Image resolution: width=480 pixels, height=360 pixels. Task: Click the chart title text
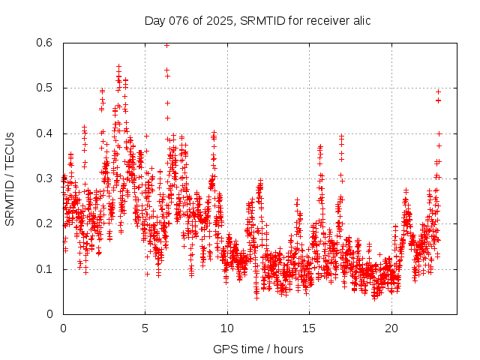tap(257, 20)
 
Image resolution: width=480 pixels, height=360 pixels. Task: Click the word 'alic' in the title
tap(359, 20)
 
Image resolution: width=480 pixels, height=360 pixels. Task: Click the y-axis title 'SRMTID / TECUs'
tap(10, 178)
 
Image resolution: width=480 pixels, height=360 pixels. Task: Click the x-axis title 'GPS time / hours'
tap(257, 349)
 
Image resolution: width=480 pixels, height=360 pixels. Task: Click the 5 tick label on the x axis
tap(145, 328)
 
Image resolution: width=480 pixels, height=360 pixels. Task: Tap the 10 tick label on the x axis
tap(227, 328)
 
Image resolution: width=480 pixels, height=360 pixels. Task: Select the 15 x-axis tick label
tap(310, 328)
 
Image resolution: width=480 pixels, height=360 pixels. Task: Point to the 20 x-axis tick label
tap(391, 328)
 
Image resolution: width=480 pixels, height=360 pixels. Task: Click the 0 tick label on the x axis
tap(63, 328)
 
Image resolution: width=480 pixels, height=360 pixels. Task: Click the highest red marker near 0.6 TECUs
tap(166, 45)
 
